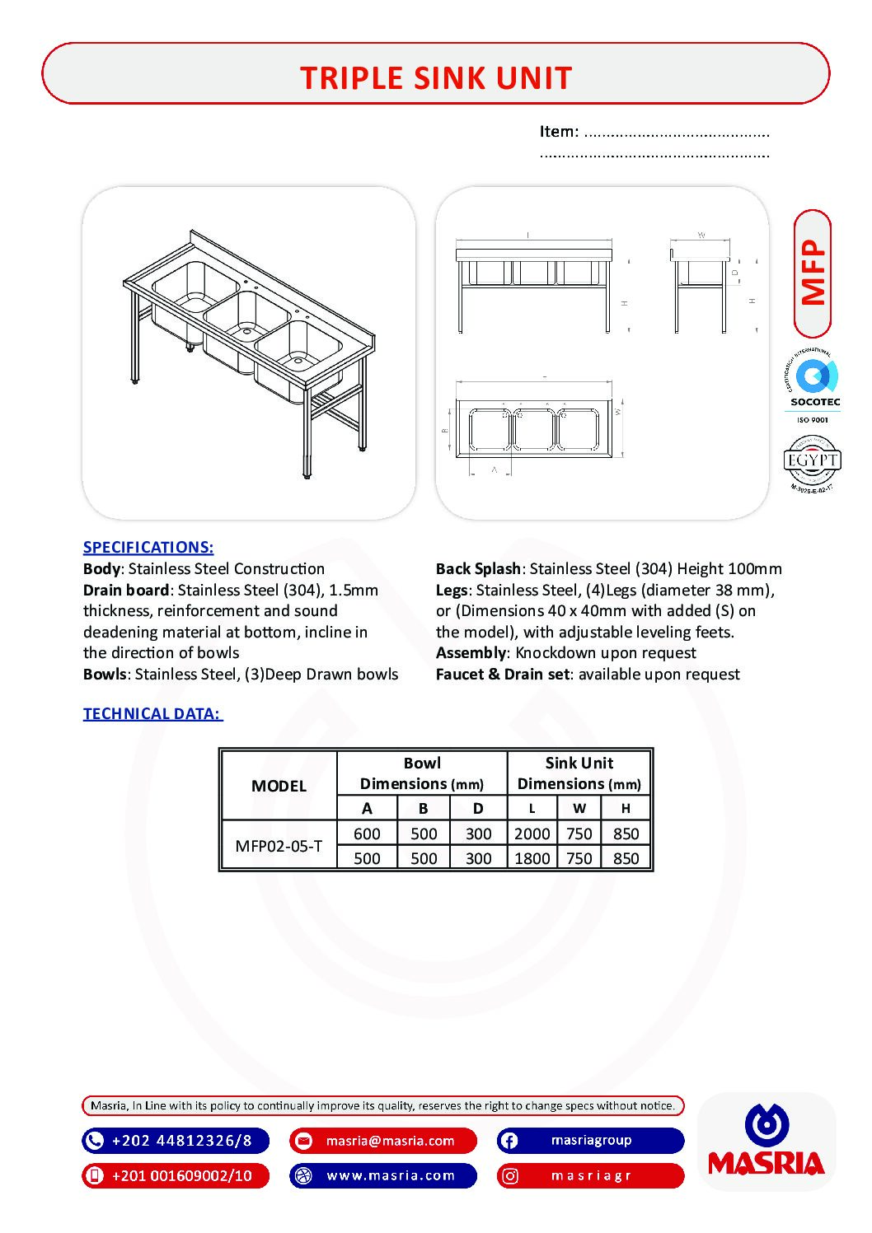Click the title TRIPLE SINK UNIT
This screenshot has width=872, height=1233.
coord(435,78)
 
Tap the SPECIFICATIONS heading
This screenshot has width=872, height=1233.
coord(148,548)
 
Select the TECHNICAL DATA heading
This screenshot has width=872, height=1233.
coord(152,714)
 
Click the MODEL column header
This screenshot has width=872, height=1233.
coord(279,786)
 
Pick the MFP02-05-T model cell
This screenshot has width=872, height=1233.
coord(279,846)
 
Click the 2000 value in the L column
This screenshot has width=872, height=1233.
coord(532,834)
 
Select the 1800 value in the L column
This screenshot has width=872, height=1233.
coord(532,858)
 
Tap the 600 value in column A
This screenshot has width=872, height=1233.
coord(367,834)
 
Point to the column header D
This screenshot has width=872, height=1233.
coord(478,809)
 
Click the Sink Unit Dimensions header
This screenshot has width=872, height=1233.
coord(579,773)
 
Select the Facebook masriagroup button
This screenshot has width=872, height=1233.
coord(591,1141)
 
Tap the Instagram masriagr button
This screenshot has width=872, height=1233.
coord(591,1175)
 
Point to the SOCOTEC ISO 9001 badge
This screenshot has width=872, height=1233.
coord(813,387)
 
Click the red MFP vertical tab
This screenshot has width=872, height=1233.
coord(813,273)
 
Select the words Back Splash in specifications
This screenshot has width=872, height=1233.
coord(478,569)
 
